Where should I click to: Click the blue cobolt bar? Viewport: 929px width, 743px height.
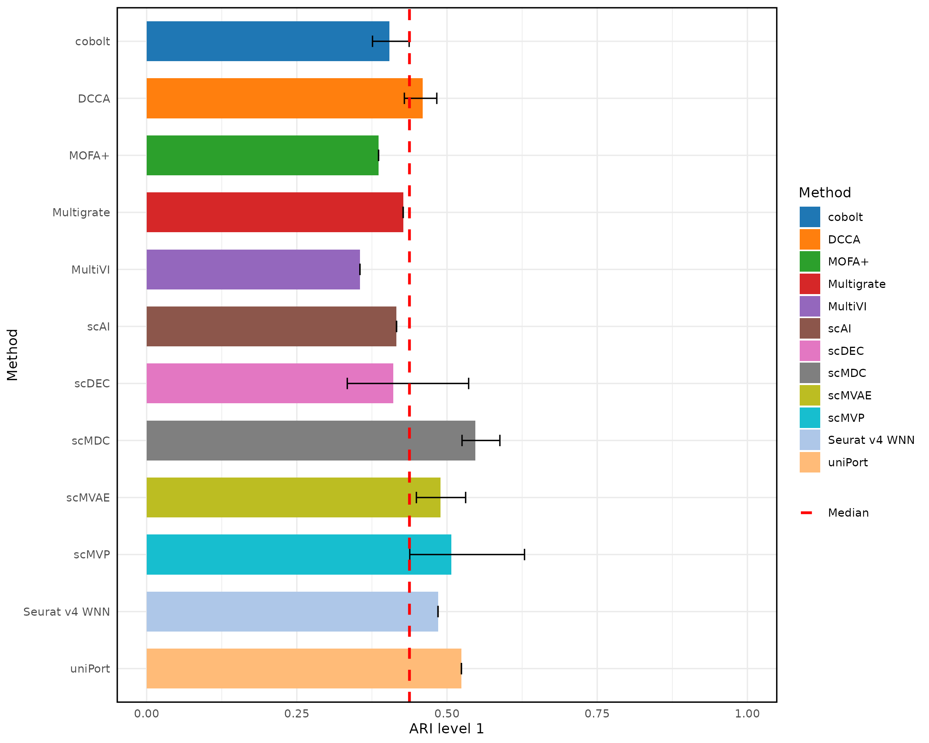tap(267, 41)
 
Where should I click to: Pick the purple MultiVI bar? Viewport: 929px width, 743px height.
tap(253, 269)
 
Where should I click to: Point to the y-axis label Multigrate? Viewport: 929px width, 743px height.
tap(81, 212)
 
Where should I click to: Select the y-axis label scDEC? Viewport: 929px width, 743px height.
tap(92, 383)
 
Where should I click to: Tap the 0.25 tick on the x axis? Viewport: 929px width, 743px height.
tap(297, 714)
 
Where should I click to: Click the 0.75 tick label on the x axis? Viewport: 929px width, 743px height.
tap(597, 714)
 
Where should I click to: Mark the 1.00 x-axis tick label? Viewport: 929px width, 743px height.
tap(747, 714)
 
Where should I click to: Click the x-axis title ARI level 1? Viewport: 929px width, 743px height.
tap(446, 729)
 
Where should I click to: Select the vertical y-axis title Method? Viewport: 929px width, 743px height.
tap(12, 354)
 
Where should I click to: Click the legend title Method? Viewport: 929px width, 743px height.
tap(825, 193)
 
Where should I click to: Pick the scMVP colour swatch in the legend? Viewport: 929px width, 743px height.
tap(810, 418)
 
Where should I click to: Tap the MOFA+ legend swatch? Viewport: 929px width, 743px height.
tap(810, 262)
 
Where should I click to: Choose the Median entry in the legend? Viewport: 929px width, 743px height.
tap(848, 513)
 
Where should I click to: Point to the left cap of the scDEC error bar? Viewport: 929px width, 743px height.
tap(347, 383)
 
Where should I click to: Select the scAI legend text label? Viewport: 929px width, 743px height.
tap(839, 329)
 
